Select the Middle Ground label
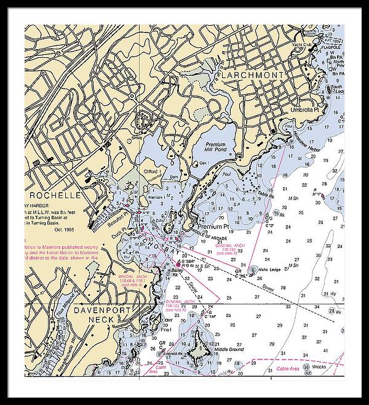229,350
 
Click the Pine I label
166,331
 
